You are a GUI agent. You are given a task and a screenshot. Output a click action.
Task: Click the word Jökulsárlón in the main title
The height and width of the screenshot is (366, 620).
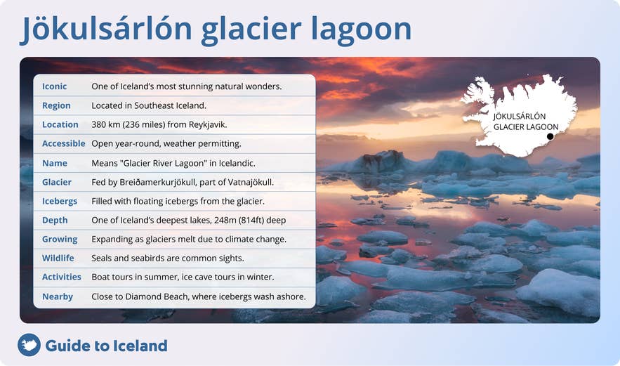click(105, 30)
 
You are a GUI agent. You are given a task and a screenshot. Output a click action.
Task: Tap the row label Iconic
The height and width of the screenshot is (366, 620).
click(55, 86)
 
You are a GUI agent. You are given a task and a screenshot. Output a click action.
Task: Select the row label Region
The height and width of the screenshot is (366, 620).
click(56, 105)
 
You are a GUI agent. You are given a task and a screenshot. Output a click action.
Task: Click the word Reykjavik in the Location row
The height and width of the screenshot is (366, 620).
click(208, 124)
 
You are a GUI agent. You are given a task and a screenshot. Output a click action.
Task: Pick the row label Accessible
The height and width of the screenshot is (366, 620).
click(63, 143)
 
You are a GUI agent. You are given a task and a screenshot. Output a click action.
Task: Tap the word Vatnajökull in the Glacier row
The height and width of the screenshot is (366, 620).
click(249, 182)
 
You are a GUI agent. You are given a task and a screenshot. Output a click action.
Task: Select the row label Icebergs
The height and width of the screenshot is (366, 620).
click(60, 201)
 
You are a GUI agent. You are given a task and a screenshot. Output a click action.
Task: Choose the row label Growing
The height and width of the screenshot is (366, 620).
click(60, 239)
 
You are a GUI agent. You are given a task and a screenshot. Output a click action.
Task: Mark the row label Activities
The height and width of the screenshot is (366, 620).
click(62, 277)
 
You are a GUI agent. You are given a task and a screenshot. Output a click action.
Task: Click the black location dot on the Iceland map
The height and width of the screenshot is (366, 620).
click(550, 136)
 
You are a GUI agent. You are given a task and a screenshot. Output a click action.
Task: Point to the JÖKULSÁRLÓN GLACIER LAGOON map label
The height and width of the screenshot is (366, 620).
click(520, 122)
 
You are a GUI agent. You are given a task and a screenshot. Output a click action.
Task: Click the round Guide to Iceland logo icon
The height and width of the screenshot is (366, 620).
click(29, 345)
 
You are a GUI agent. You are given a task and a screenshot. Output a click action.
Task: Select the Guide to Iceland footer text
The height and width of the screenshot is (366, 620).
click(106, 346)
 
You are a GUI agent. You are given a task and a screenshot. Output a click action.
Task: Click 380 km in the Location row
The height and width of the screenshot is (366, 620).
click(106, 124)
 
